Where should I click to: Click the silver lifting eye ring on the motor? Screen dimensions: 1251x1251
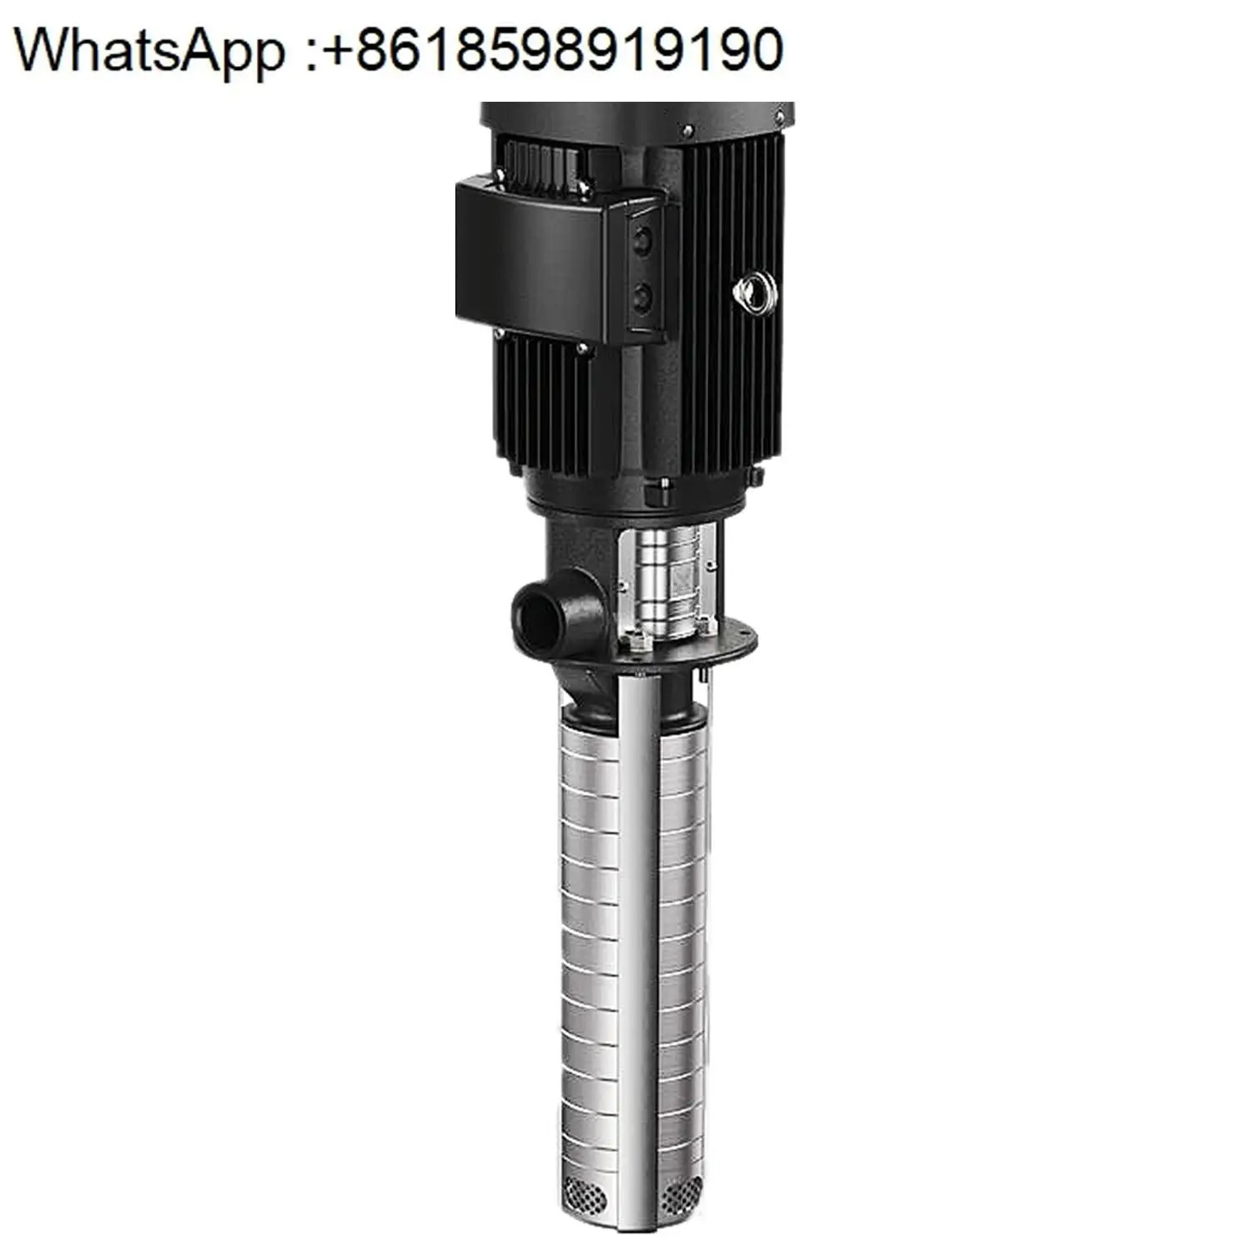pos(755,291)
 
